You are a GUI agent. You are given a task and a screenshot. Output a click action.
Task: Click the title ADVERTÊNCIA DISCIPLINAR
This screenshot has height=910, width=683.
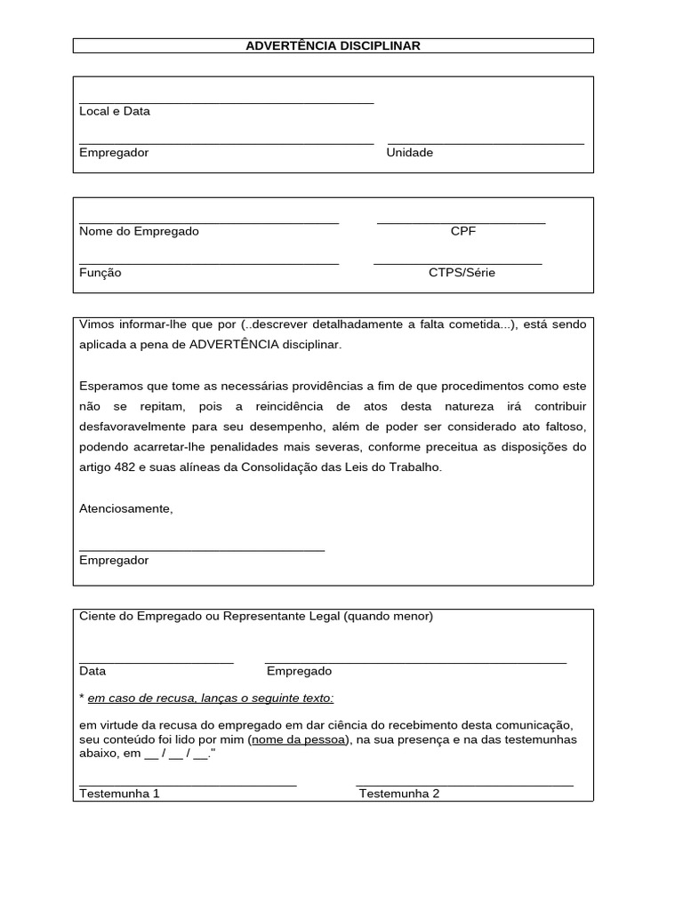333,45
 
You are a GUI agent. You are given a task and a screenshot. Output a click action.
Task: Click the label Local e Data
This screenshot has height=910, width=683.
114,111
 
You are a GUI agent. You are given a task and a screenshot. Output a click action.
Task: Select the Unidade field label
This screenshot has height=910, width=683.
409,153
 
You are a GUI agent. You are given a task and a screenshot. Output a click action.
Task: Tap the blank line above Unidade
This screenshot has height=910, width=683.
486,142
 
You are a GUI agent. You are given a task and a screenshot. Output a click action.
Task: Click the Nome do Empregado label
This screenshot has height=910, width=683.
139,231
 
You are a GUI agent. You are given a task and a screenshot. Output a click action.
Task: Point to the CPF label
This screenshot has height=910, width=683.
462,231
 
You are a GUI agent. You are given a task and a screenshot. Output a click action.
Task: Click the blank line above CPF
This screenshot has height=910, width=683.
461,222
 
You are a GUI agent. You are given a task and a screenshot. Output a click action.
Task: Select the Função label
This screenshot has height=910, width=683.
100,273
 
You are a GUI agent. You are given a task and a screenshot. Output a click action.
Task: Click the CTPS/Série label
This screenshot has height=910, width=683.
462,273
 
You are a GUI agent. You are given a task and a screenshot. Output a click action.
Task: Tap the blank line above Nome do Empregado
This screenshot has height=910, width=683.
209,222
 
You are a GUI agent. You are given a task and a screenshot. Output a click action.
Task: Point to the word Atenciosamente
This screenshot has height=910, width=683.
125,509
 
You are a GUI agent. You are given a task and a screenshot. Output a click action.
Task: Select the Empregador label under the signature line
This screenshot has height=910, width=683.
114,561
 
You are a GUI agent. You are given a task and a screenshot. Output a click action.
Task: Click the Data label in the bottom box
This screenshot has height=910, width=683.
92,672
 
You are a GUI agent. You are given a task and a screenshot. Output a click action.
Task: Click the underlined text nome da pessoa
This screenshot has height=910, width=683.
298,739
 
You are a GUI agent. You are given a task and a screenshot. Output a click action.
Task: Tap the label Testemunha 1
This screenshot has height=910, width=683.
119,794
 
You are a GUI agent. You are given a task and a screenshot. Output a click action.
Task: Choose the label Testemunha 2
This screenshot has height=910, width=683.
398,794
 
